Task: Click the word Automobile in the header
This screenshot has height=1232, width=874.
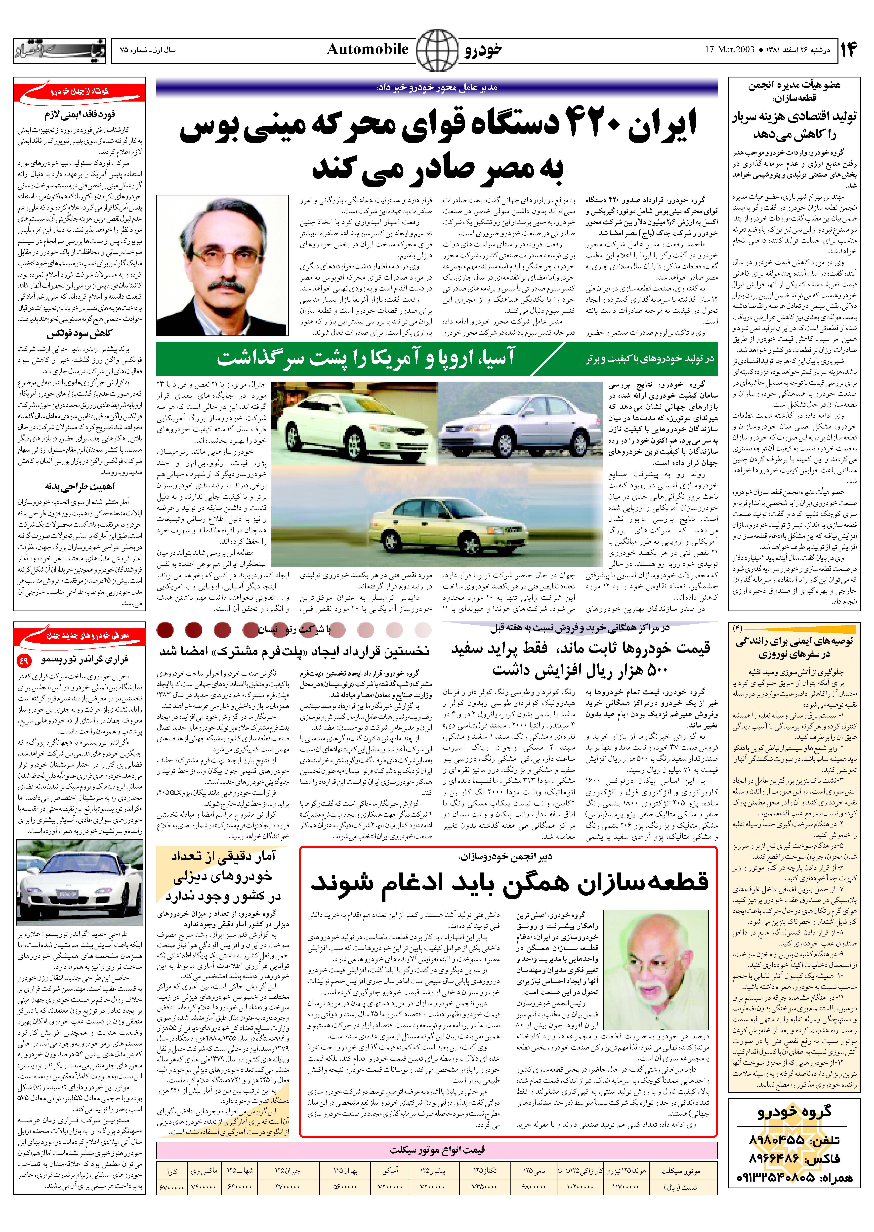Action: pyautogui.click(x=368, y=49)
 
